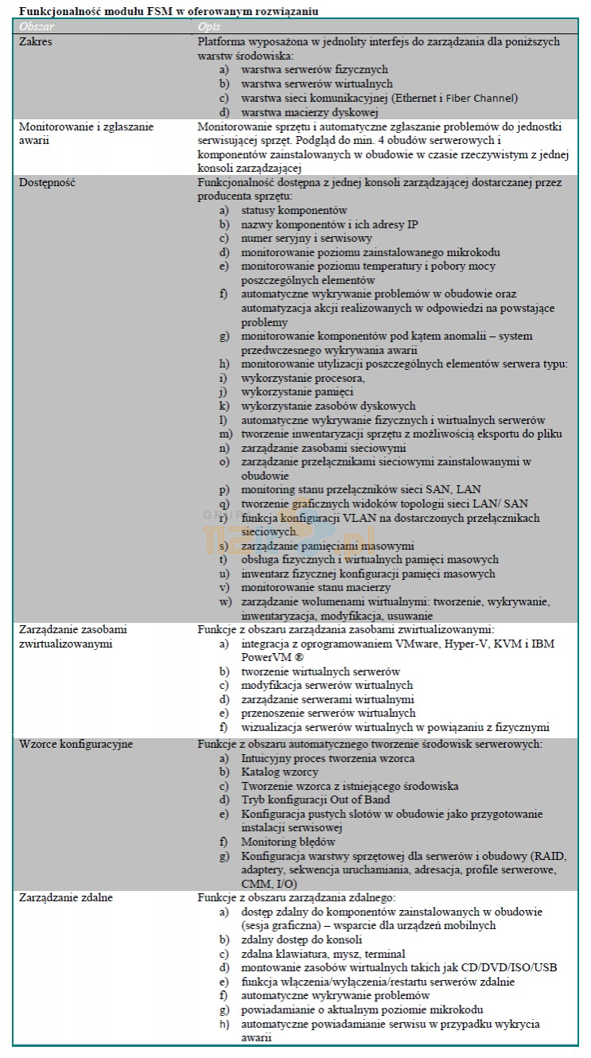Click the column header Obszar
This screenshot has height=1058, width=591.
(x=36, y=27)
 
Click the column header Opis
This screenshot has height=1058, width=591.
(x=208, y=27)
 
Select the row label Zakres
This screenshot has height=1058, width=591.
(x=35, y=41)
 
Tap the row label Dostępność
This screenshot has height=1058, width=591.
(x=46, y=182)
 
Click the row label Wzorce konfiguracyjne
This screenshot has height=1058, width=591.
(x=76, y=744)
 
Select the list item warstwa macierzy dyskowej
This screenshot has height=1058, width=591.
(x=298, y=112)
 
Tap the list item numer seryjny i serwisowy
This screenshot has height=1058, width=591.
(x=306, y=238)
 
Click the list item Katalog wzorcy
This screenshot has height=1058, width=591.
(x=280, y=772)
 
